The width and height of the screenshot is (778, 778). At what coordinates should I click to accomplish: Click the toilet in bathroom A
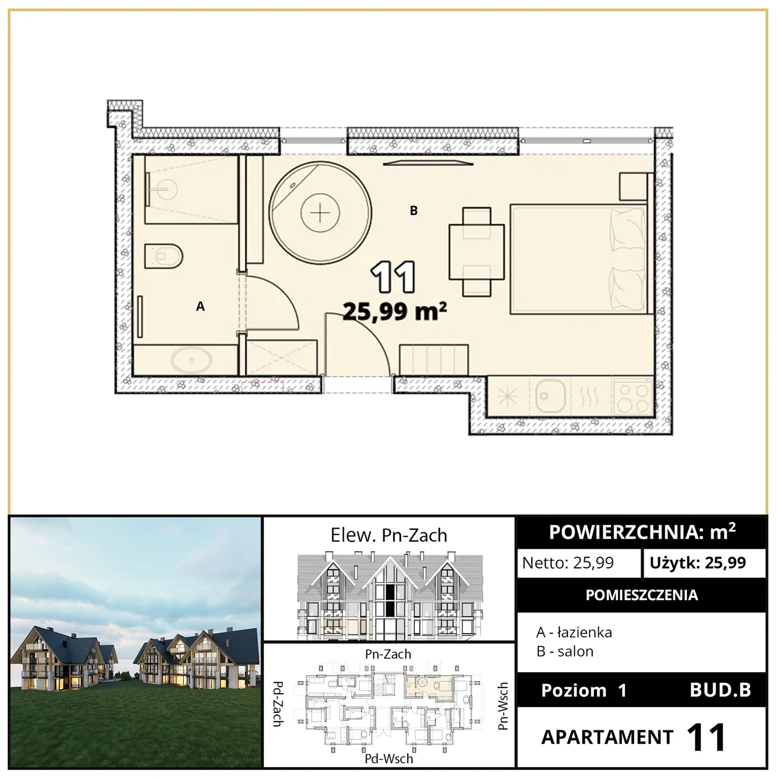click(x=164, y=256)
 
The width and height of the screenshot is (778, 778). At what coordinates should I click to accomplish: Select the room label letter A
click(x=200, y=306)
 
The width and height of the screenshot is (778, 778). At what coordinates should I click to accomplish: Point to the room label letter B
click(x=414, y=211)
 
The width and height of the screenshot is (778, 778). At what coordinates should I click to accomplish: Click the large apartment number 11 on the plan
click(x=393, y=277)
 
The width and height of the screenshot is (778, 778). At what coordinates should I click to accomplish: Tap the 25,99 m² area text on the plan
click(x=395, y=311)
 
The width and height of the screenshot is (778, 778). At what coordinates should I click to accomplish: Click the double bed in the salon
click(x=579, y=259)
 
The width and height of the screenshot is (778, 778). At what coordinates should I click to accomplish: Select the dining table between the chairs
click(x=477, y=252)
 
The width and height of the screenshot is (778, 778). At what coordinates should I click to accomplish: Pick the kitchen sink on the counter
click(x=550, y=396)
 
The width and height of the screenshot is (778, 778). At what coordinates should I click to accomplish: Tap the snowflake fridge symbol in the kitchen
click(x=507, y=396)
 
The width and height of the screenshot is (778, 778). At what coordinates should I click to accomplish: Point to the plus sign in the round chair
click(x=320, y=213)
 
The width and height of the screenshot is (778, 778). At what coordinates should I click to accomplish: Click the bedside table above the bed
click(x=633, y=186)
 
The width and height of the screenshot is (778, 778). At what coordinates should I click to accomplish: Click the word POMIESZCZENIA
click(x=642, y=595)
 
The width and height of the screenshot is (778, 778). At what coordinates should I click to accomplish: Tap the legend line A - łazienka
click(x=574, y=632)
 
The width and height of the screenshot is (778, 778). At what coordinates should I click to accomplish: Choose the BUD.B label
click(x=720, y=690)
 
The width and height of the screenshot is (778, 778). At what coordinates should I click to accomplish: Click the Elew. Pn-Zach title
click(x=389, y=535)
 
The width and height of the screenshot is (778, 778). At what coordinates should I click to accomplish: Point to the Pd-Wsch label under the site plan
click(x=389, y=759)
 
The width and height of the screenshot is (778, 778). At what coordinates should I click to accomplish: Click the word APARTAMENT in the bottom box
click(x=607, y=737)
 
